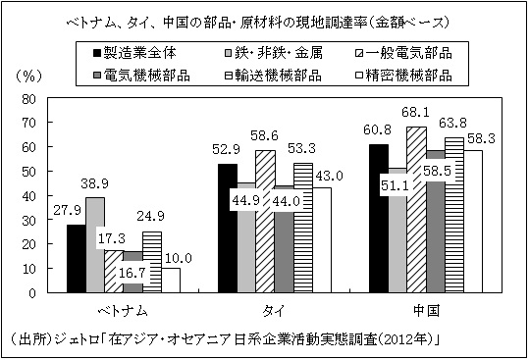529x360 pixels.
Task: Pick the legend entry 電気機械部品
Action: click(145, 74)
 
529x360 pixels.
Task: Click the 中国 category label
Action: click(426, 311)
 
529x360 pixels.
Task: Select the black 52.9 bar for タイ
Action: click(227, 229)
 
